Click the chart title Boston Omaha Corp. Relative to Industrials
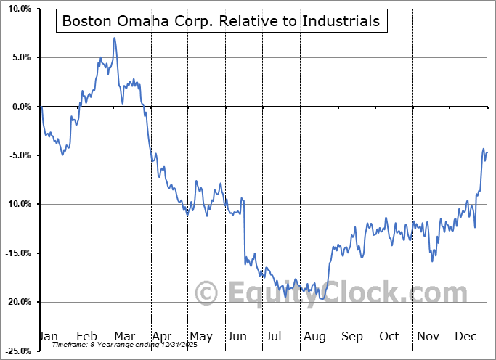pyautogui.click(x=221, y=21)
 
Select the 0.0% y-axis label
pyautogui.click(x=21, y=107)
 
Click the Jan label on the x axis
pyautogui.click(x=49, y=337)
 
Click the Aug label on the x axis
pyautogui.click(x=315, y=337)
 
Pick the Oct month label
pyautogui.click(x=389, y=337)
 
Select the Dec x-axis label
pyautogui.click(x=465, y=337)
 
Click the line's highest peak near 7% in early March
pyautogui.click(x=113, y=38)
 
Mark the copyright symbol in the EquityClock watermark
pyautogui.click(x=207, y=294)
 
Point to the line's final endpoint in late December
pyautogui.click(x=487, y=152)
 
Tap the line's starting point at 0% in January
pyautogui.click(x=42, y=107)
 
